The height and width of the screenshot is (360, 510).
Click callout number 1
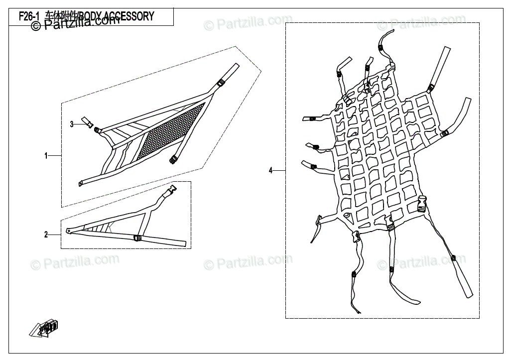[x=46, y=156]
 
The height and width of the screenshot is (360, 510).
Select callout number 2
[x=46, y=235]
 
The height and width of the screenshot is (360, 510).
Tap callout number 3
[x=72, y=124]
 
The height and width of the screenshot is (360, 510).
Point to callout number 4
[x=271, y=171]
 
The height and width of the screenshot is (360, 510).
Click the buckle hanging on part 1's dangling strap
[x=174, y=160]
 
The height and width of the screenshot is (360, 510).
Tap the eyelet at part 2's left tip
[x=68, y=231]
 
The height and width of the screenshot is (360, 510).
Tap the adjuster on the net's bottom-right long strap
[x=453, y=257]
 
